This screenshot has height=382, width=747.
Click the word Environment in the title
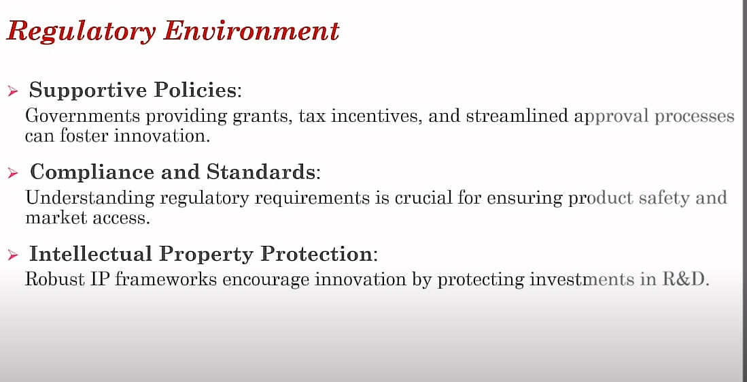(251, 31)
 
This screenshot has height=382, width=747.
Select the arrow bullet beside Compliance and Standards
(13, 173)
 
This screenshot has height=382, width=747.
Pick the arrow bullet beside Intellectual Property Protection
(13, 255)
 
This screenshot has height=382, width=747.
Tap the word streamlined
(517, 116)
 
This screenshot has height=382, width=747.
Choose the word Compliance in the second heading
(92, 173)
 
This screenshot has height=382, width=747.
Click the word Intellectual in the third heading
(90, 253)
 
